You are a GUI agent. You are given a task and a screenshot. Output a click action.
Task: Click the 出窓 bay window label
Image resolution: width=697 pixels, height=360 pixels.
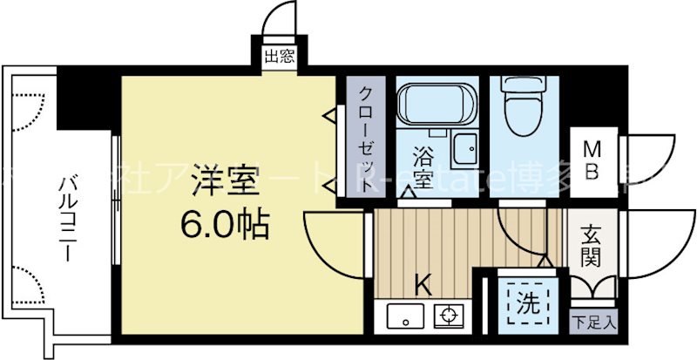pos(279,58)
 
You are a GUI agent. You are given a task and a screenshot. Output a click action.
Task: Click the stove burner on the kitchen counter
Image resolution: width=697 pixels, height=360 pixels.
pos(450,316)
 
